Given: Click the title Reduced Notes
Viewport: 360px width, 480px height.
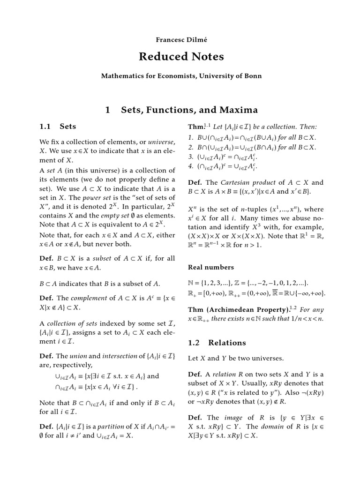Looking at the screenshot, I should [181, 57].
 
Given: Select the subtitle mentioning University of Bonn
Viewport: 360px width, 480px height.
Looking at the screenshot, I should [181, 75].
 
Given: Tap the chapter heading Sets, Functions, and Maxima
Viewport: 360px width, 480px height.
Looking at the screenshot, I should [189, 110].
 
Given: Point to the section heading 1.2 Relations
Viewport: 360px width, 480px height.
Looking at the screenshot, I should [217, 343].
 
